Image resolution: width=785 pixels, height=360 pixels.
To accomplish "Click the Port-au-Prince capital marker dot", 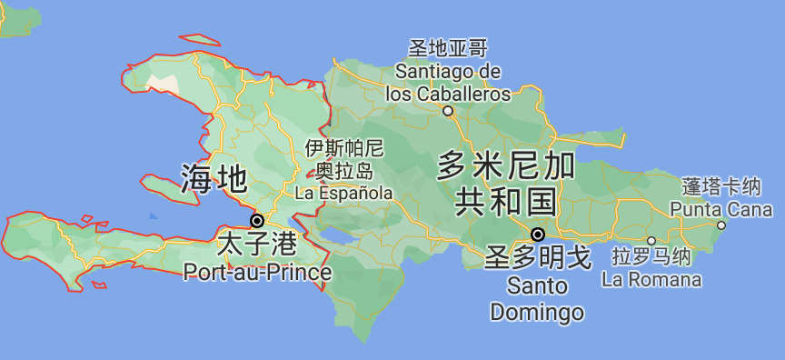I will pyautogui.click(x=257, y=221).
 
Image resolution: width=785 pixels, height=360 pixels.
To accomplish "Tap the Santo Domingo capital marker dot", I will pyautogui.click(x=537, y=234).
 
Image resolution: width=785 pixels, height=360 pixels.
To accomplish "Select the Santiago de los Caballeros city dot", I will pyautogui.click(x=448, y=112).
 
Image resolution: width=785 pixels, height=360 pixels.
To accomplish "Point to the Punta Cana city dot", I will pyautogui.click(x=721, y=225).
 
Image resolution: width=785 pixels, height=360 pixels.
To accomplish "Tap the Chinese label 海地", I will pyautogui.click(x=214, y=178).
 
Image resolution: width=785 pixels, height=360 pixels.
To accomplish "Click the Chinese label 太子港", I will pyautogui.click(x=257, y=245).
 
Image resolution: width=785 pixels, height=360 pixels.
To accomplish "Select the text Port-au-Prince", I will pyautogui.click(x=257, y=271).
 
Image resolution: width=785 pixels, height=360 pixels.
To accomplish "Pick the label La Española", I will pyautogui.click(x=344, y=193).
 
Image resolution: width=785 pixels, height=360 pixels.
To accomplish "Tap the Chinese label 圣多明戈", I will pyautogui.click(x=538, y=258).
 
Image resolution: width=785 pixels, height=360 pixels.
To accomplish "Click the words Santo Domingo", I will pyautogui.click(x=537, y=299).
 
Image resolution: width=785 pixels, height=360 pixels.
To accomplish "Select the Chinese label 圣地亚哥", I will pyautogui.click(x=448, y=48).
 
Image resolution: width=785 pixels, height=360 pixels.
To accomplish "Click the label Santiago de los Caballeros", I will pyautogui.click(x=448, y=82).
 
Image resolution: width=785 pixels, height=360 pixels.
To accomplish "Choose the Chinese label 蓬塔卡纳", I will pyautogui.click(x=720, y=187).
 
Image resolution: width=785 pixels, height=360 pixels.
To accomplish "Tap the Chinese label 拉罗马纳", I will pyautogui.click(x=651, y=257).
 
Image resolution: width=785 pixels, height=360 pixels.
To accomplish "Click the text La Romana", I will pyautogui.click(x=651, y=279).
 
